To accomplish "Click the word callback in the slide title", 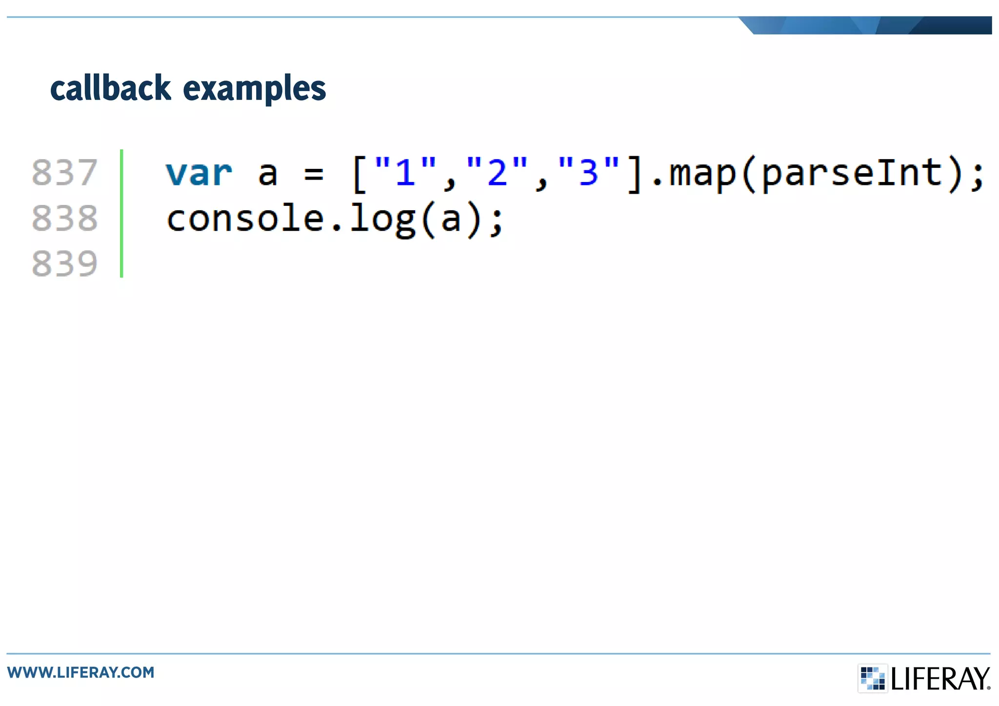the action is [x=111, y=88].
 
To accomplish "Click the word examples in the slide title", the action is [x=254, y=89].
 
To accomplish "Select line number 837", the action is [x=65, y=173].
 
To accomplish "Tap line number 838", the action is [x=65, y=218].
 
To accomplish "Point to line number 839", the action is [x=65, y=263].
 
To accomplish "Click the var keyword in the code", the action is [x=199, y=173].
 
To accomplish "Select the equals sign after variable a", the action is [x=313, y=174].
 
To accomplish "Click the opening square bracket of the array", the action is [x=359, y=174].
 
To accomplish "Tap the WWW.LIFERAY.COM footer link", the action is [x=80, y=672].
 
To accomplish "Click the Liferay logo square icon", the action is [x=873, y=678].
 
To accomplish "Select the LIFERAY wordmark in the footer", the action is [x=940, y=679].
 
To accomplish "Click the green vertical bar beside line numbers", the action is [x=121, y=213].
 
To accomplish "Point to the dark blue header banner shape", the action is [x=868, y=25].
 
